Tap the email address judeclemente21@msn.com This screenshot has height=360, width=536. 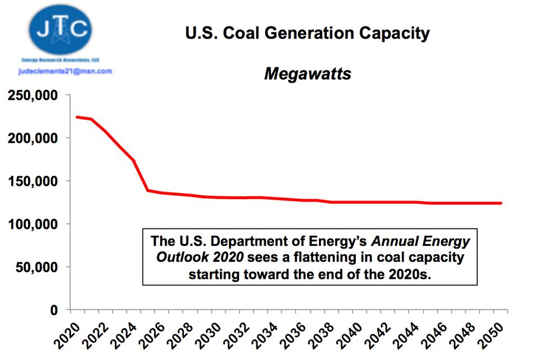(65, 71)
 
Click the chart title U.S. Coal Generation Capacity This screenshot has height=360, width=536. (307, 33)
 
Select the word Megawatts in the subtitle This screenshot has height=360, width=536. (307, 73)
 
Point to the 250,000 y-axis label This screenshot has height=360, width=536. (32, 95)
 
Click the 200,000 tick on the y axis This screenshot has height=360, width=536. (32, 138)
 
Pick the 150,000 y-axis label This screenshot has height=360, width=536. (32, 181)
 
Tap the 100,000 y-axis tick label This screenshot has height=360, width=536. (32, 224)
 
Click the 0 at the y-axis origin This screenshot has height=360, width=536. (54, 310)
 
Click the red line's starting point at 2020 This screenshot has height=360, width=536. (77, 117)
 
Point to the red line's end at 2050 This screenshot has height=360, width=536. (501, 203)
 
